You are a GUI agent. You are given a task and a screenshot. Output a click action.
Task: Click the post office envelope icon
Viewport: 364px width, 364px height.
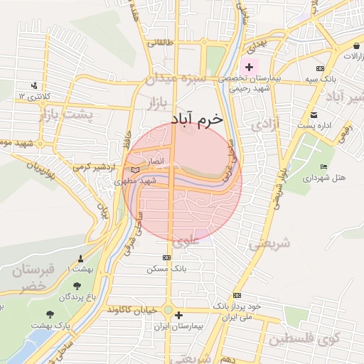pyautogui.click(x=313, y=114)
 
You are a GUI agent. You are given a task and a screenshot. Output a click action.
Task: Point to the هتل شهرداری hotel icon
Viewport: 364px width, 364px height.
pyautogui.click(x=324, y=167)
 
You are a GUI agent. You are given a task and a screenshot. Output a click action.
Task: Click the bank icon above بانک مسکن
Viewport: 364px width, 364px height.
pyautogui.click(x=167, y=257)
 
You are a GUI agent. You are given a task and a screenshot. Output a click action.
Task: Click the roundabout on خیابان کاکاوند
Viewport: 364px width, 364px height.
pyautogui.click(x=168, y=311)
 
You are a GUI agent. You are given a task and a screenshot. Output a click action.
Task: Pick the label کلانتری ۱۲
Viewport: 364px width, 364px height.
pyautogui.click(x=31, y=95)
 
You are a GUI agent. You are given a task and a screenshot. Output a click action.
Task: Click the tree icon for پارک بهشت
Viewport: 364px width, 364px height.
pyautogui.click(x=49, y=314)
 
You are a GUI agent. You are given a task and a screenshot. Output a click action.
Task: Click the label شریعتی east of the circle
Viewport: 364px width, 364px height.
pyautogui.click(x=269, y=243)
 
